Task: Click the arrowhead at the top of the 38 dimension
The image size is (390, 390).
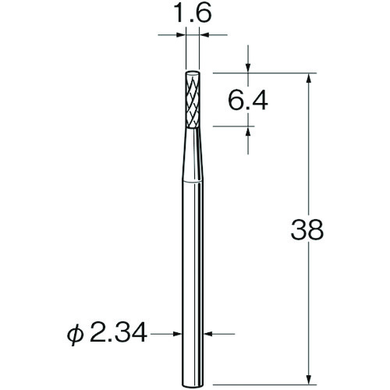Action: pos(310,78)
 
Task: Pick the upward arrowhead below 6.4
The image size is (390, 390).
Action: pos(248,133)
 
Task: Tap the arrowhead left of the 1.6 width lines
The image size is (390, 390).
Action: pos(181,34)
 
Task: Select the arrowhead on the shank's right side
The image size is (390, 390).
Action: pos(208,336)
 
